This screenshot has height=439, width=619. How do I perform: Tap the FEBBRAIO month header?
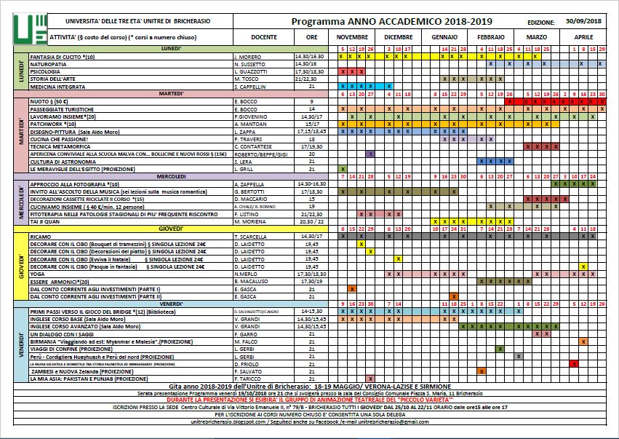coord(491,36)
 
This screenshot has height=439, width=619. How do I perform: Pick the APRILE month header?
coord(583,36)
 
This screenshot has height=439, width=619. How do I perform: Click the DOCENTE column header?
coord(263,36)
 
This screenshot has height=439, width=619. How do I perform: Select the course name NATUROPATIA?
coord(48,64)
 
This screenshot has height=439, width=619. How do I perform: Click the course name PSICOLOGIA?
coord(46,71)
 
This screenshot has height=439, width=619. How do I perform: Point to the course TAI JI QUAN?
coord(46,221)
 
